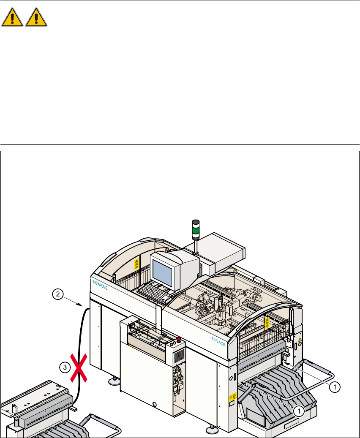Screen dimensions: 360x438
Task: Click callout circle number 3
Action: pyautogui.click(x=64, y=367)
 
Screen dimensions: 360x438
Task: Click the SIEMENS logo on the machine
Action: pyautogui.click(x=100, y=287)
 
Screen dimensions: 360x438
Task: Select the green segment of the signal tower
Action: pyautogui.click(x=196, y=231)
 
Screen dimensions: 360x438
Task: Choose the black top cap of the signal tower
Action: pyautogui.click(x=196, y=222)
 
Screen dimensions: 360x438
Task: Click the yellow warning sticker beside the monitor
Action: pyautogui.click(x=136, y=264)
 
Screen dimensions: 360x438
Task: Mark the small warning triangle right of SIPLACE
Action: pyautogui.click(x=300, y=339)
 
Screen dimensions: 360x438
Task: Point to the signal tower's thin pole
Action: pyautogui.click(x=196, y=245)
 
